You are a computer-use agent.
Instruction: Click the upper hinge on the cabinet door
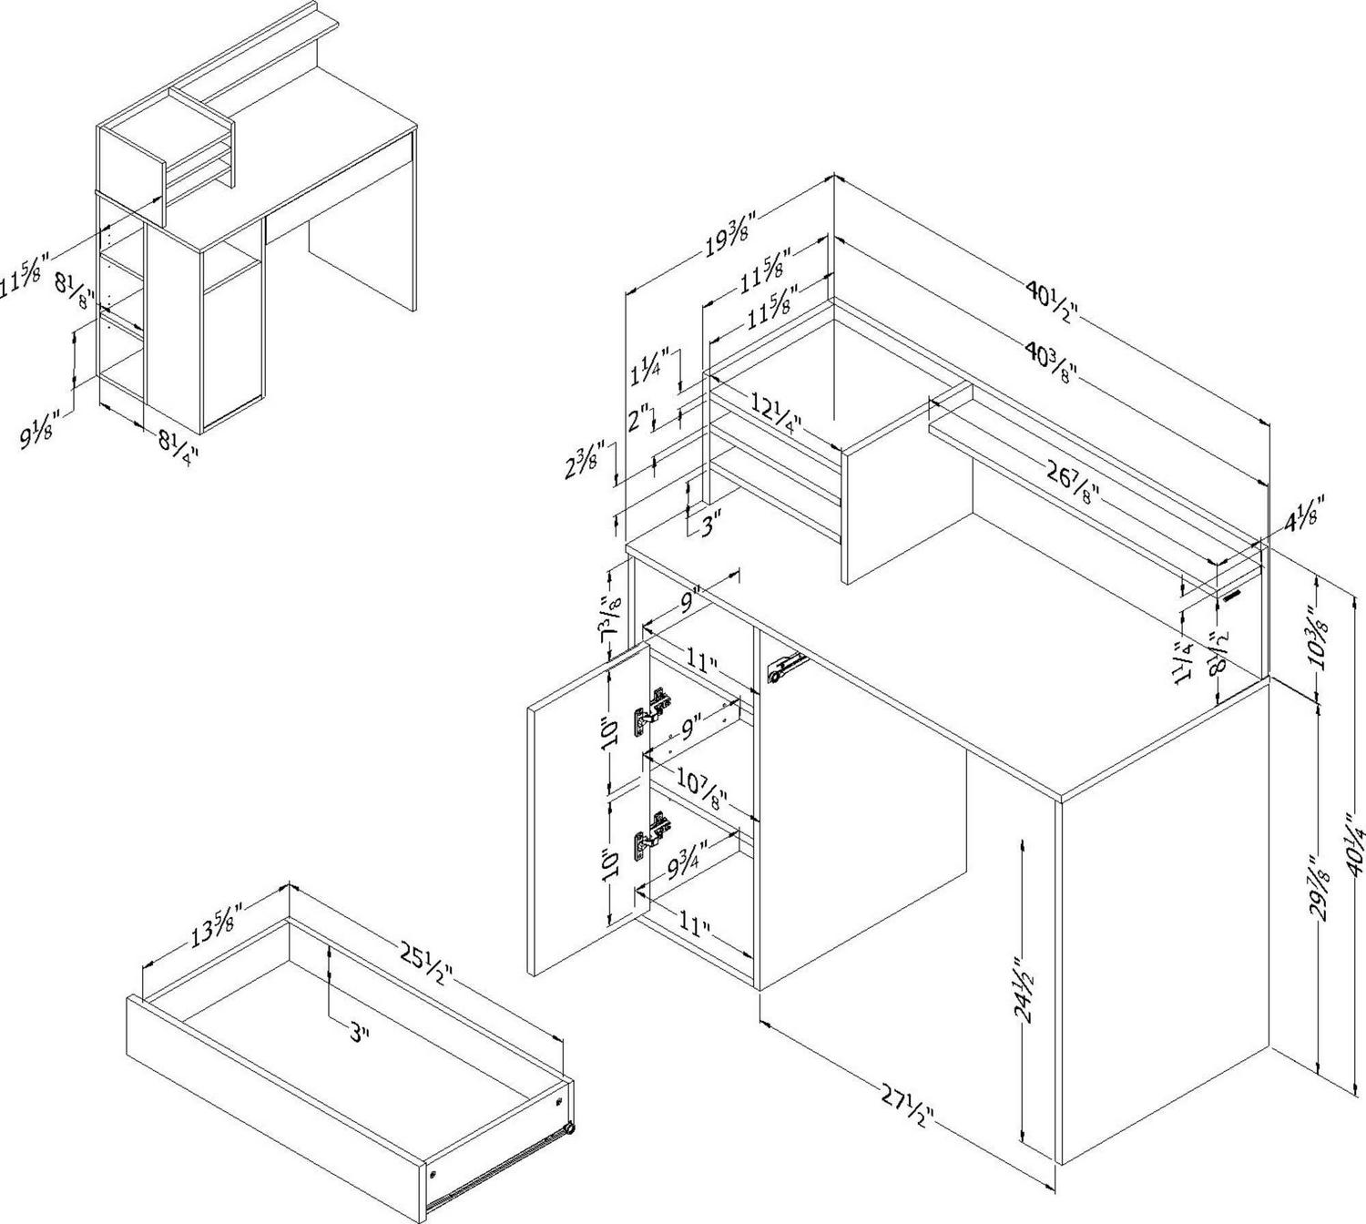654,706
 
